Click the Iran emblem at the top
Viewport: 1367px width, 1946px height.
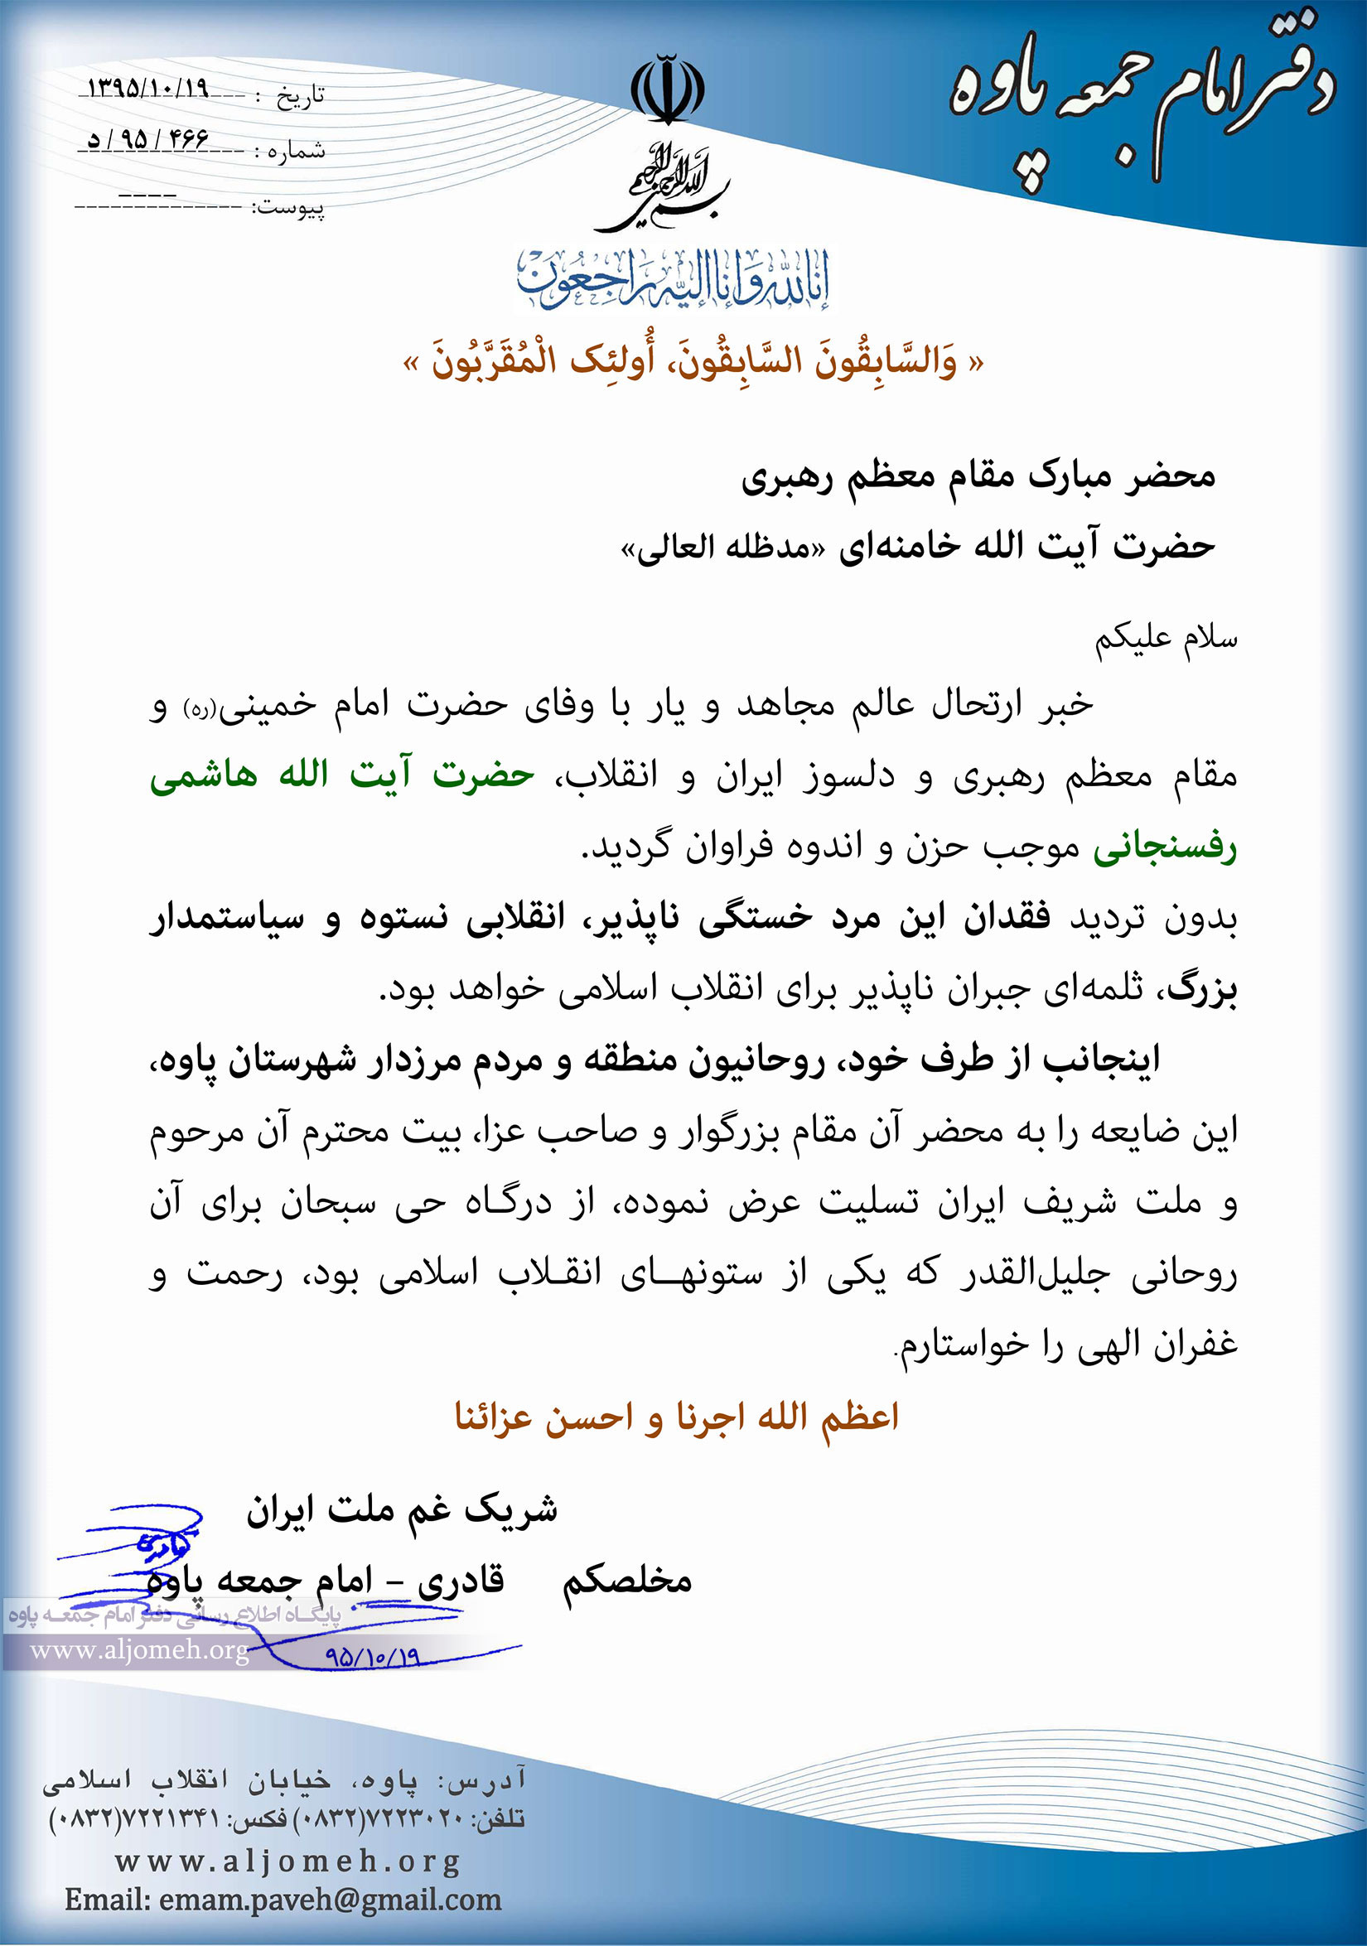[668, 89]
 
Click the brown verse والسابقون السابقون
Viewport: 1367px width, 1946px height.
[693, 363]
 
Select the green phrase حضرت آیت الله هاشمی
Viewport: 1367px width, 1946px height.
[342, 775]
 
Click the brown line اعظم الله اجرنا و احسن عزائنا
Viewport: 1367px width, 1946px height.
[676, 1417]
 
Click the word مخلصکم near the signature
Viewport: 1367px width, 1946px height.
[627, 1581]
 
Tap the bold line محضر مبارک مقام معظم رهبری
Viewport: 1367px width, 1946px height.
[978, 477]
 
